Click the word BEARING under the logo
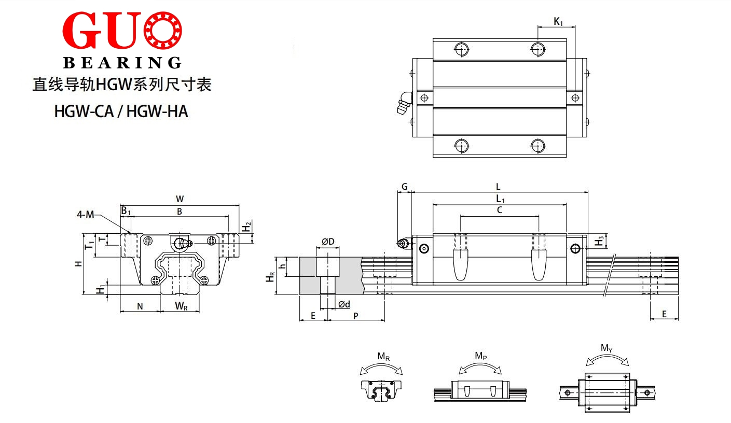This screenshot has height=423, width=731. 122,63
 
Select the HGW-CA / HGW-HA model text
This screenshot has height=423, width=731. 121,111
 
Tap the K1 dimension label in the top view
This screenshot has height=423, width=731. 558,22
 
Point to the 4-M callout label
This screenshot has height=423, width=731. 85,215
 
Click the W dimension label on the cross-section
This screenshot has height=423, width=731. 180,199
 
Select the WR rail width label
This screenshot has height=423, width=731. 181,306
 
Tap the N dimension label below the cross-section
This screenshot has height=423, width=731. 140,306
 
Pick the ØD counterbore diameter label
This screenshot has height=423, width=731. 328,242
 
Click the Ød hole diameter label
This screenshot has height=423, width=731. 344,304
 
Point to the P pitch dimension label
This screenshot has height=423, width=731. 356,316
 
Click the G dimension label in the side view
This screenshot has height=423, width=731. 404,187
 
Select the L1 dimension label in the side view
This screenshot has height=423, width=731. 500,199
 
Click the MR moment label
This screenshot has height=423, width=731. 383,356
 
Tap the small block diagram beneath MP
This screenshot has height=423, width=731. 480,390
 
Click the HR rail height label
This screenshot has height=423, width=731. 270,277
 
